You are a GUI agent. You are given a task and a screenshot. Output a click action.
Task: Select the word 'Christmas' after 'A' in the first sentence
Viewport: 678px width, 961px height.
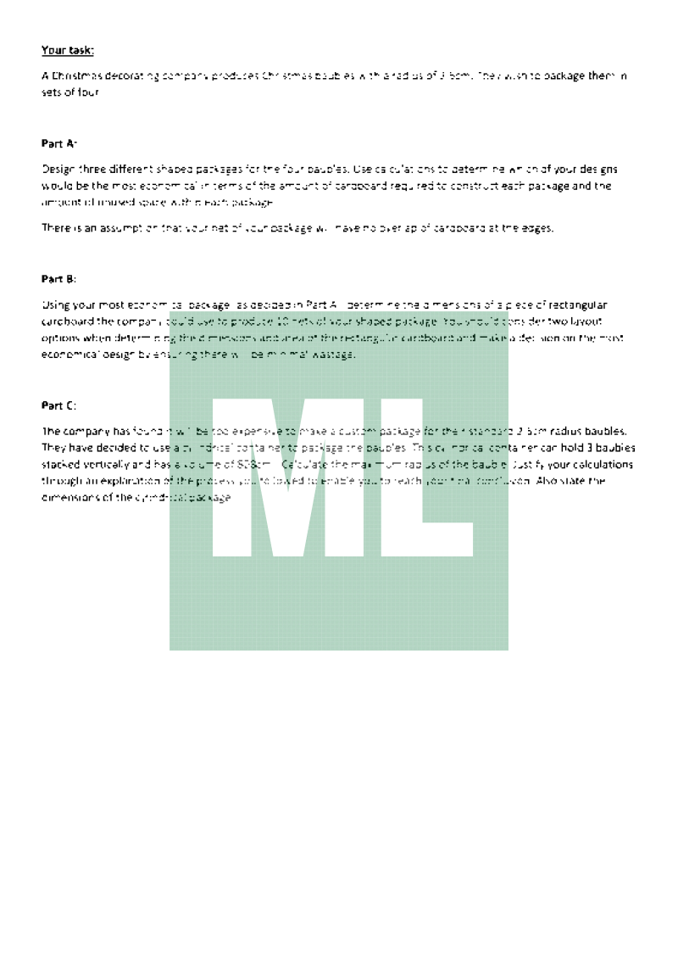click(x=75, y=76)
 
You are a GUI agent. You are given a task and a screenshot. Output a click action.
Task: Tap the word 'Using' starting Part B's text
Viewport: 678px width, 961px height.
click(x=54, y=305)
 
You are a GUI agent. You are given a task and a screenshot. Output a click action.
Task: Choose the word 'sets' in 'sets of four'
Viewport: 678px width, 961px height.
click(x=52, y=92)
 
